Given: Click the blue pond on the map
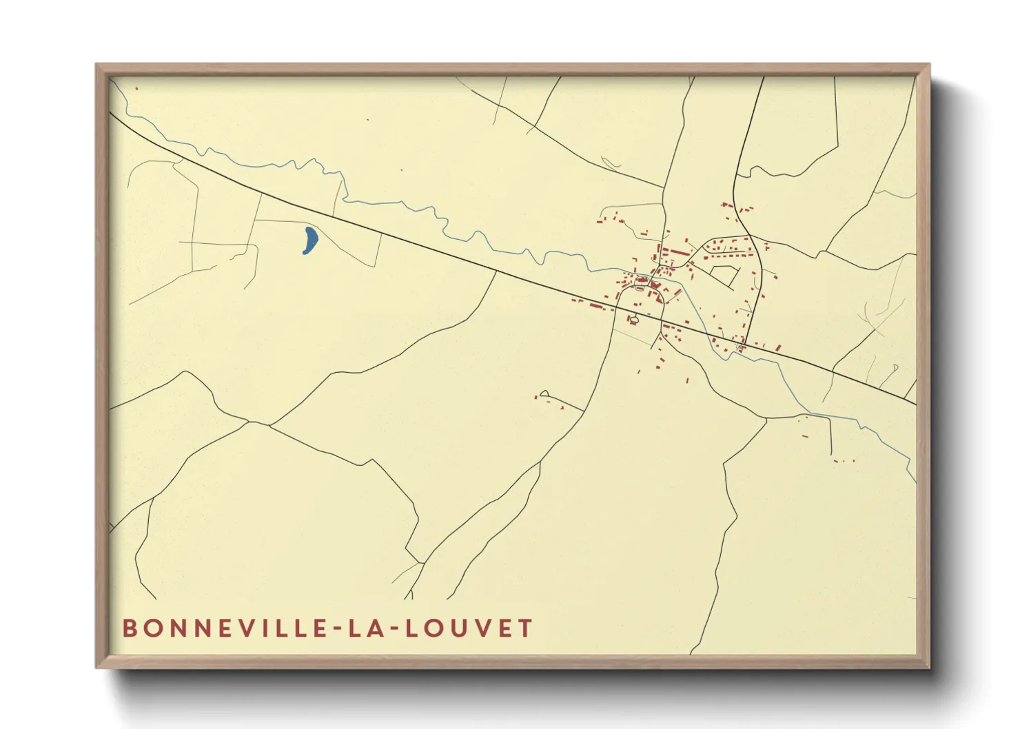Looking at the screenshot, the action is [x=310, y=240].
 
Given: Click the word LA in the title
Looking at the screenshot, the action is [x=361, y=628].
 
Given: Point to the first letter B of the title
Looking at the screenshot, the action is [x=129, y=628].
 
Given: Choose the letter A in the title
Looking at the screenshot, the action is [x=371, y=628].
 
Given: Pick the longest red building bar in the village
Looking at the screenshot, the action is [x=676, y=253].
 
